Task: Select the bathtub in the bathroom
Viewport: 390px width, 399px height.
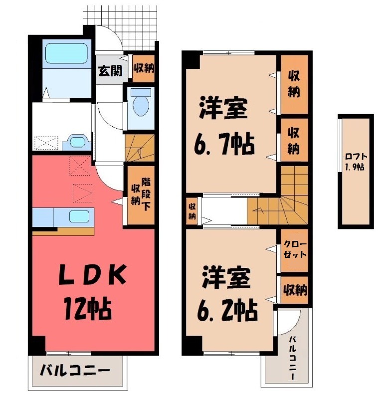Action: tap(66, 54)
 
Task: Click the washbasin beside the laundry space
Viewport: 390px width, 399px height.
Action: tap(76, 142)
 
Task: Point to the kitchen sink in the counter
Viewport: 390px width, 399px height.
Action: tap(79, 216)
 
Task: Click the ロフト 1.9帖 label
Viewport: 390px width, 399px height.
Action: tap(355, 161)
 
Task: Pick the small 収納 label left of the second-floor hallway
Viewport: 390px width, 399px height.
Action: tap(192, 211)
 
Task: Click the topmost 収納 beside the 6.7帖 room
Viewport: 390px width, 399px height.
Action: tap(294, 83)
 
